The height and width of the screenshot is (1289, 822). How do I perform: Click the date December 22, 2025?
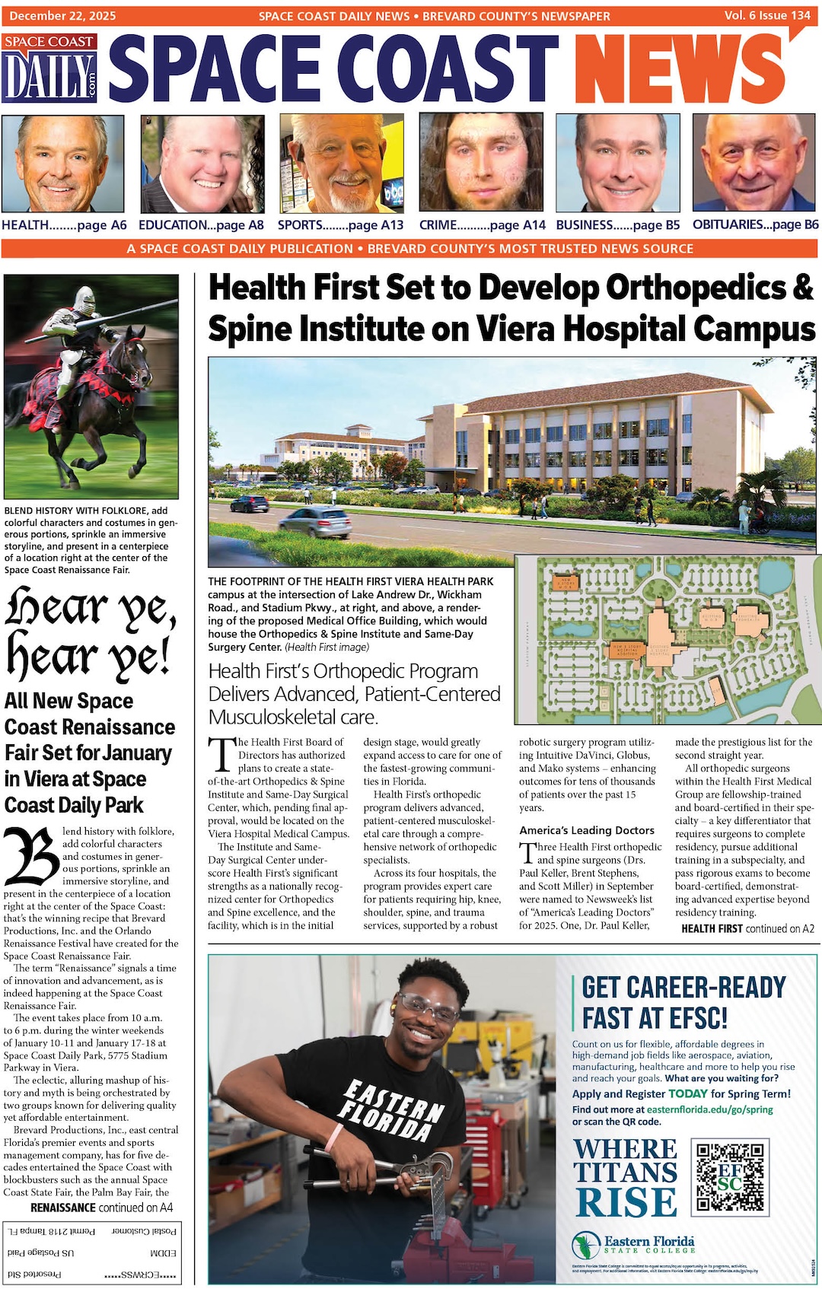point(62,15)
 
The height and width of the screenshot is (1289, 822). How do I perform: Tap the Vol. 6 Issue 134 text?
point(767,15)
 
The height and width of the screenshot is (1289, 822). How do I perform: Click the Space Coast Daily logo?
point(50,68)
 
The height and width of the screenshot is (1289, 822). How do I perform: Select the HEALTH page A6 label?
point(64,225)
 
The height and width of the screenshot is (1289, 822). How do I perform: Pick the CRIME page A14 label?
point(483,225)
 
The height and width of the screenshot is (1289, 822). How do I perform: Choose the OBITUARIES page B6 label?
point(755,224)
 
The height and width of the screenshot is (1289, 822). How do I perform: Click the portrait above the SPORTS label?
point(340,163)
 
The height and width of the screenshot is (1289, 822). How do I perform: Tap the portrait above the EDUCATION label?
point(202,163)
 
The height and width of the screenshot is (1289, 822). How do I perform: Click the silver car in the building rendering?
point(315,521)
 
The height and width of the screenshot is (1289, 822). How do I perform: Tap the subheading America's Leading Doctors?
point(587,830)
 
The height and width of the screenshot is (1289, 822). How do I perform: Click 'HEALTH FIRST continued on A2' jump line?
point(747,928)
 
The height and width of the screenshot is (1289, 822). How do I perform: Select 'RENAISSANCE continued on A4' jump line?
point(101,1208)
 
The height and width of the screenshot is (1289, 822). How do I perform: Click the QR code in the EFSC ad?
point(730,1176)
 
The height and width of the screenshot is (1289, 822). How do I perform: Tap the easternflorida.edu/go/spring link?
point(709,1109)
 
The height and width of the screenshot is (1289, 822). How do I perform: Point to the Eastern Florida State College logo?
point(633,1246)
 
